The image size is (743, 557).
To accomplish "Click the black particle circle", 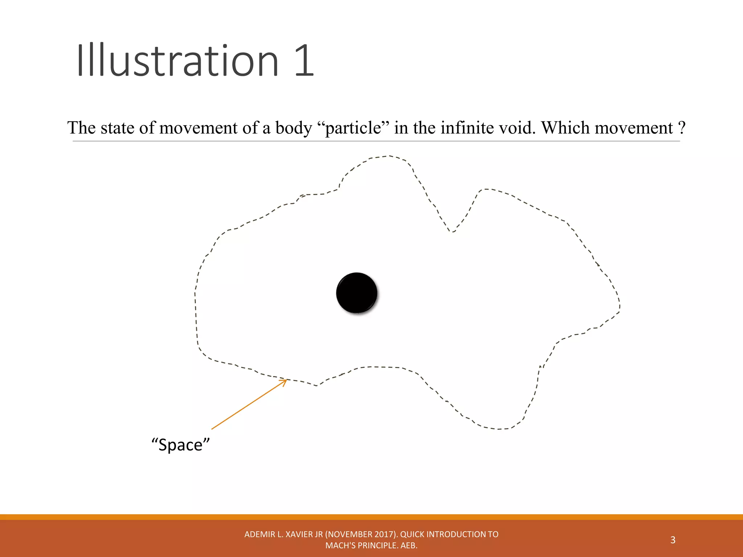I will pos(357,293).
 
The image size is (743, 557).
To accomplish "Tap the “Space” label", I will pos(181,445).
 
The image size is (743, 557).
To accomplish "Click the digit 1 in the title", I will pos(304,61).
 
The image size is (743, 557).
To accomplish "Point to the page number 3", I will pos(673,540).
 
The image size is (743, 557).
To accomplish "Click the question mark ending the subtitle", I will pos(681,128).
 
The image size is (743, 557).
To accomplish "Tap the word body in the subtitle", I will pos(293,128).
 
